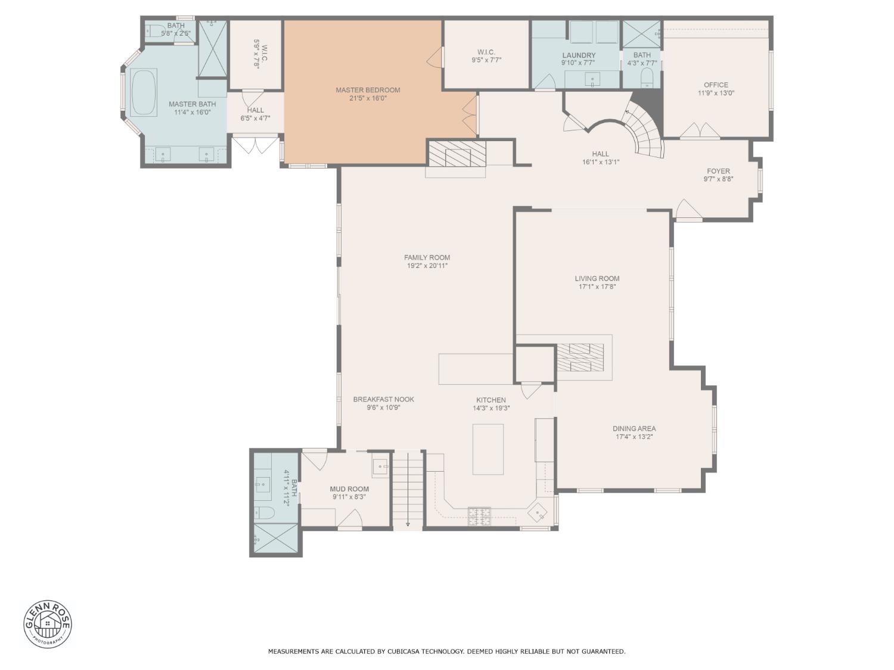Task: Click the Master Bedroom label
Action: [x=367, y=90]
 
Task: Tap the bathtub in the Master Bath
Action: [x=144, y=93]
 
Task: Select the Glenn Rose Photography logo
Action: [x=48, y=624]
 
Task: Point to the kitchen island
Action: [x=488, y=449]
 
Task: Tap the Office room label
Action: [x=716, y=85]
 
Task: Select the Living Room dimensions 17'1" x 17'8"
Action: [x=597, y=286]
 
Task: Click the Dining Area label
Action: [x=634, y=428]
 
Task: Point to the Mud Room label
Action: [x=349, y=489]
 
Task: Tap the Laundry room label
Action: [x=579, y=55]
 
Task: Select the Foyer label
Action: [x=718, y=171]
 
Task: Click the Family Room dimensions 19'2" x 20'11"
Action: [x=427, y=266]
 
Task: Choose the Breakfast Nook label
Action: [x=383, y=400]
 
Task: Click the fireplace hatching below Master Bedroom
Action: [x=457, y=153]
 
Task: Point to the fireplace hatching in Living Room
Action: [x=581, y=357]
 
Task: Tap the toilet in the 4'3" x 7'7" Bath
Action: [x=647, y=77]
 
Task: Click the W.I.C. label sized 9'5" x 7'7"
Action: [x=486, y=52]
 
